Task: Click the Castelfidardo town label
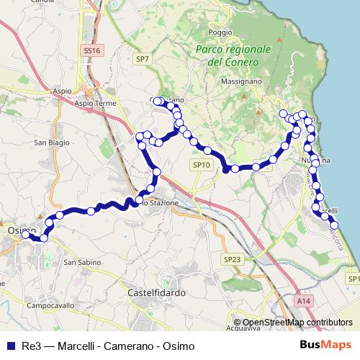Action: click(157, 293)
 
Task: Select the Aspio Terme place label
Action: click(95, 104)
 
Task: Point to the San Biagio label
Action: click(53, 143)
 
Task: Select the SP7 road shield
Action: click(142, 59)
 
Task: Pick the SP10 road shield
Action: click(201, 165)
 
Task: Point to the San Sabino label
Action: click(79, 262)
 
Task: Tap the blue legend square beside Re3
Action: click(10, 346)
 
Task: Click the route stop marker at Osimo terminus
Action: click(25, 234)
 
